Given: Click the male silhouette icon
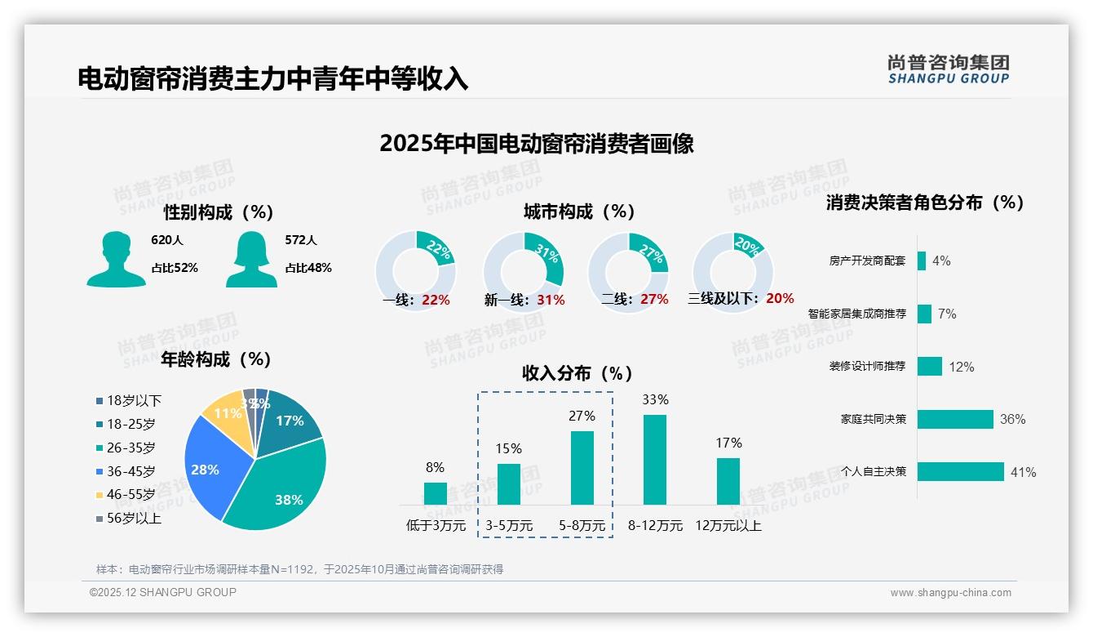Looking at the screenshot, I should [x=116, y=259].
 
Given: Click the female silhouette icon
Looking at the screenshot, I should [x=251, y=259].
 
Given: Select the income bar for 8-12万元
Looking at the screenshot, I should [x=654, y=460].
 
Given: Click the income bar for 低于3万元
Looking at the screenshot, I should [x=435, y=493].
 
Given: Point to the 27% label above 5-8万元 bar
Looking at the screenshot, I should [x=582, y=416].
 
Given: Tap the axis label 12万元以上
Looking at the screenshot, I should [x=728, y=526].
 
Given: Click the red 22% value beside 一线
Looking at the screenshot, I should [x=436, y=300].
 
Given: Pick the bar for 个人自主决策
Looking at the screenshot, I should [x=960, y=472].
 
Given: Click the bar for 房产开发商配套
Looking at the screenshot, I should [x=922, y=261].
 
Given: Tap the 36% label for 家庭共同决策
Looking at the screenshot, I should [x=1012, y=419].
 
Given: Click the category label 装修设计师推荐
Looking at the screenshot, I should [x=867, y=367].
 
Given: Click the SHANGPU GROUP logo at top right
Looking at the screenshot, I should [x=948, y=69].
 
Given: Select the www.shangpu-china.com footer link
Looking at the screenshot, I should [x=950, y=593].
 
